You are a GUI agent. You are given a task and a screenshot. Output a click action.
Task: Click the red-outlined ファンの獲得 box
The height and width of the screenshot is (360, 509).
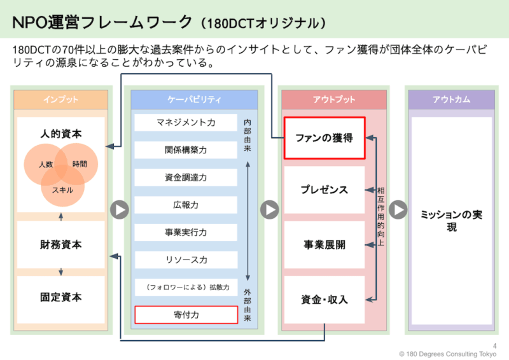[324, 137]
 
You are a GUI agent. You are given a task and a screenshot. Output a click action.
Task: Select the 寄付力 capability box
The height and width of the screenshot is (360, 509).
[186, 314]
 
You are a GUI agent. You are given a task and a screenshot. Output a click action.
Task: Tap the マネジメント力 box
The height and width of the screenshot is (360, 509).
[186, 122]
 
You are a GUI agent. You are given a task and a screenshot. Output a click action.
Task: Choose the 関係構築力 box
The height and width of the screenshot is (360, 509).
[186, 150]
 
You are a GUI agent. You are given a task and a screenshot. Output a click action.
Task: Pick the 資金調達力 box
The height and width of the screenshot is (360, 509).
[186, 177]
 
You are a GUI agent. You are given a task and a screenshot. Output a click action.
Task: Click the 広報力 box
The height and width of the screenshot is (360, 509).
[186, 205]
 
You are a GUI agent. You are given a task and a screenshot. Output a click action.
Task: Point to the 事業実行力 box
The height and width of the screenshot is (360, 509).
[186, 232]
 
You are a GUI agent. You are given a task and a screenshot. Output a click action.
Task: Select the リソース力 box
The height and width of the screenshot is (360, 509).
[186, 260]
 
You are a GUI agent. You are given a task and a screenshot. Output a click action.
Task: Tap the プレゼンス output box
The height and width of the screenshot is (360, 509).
[324, 190]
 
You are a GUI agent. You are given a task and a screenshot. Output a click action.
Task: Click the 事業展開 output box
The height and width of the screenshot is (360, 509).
[324, 244]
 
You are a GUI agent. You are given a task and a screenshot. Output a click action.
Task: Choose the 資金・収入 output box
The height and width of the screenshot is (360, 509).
[324, 299]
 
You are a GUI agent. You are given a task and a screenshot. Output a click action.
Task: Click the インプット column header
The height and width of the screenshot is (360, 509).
[61, 100]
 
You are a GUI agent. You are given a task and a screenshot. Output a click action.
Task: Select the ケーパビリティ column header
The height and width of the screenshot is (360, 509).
[194, 100]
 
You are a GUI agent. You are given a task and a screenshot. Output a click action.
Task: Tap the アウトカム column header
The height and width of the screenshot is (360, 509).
[451, 100]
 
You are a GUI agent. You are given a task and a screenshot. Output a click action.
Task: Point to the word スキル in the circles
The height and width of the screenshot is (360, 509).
[62, 190]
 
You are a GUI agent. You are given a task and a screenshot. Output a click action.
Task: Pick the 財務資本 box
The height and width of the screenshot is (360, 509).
[61, 244]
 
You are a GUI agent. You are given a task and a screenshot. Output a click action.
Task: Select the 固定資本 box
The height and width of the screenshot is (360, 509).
[61, 297]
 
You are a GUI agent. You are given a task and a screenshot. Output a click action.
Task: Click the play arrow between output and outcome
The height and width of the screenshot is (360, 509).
[398, 209]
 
